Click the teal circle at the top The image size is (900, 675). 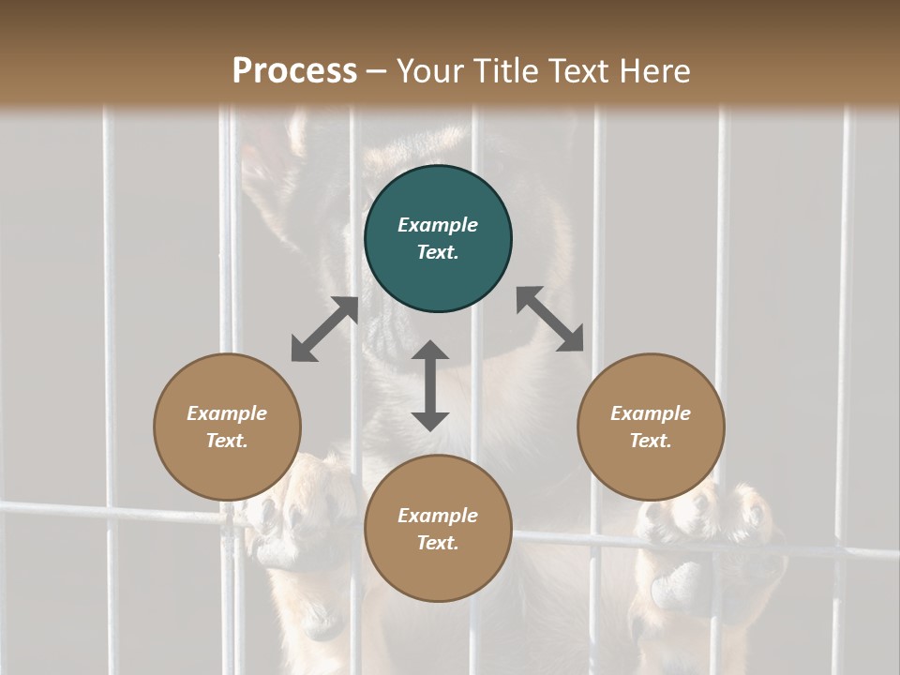[x=438, y=239]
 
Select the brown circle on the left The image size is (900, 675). [x=227, y=427]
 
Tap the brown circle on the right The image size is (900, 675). [x=651, y=427]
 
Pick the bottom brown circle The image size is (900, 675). [x=438, y=529]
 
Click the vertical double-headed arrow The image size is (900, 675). [x=430, y=385]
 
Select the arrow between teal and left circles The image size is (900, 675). [x=324, y=329]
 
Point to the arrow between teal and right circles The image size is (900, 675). [x=549, y=319]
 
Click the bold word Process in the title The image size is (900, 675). [x=294, y=71]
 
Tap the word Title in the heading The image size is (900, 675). [x=507, y=71]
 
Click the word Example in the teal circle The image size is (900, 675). [x=438, y=225]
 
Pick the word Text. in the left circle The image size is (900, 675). [x=227, y=441]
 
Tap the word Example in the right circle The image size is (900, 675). [x=651, y=413]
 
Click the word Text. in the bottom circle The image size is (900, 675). [x=438, y=543]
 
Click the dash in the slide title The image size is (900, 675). [x=377, y=72]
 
